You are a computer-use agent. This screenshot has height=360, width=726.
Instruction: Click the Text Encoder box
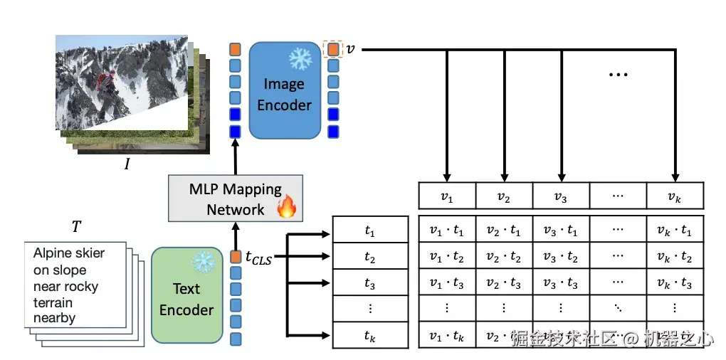[x=186, y=295]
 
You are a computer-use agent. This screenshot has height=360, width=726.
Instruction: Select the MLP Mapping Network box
[x=235, y=198]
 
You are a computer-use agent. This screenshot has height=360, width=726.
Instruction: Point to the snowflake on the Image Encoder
[x=300, y=60]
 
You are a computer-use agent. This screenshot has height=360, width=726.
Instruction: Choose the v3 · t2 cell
[x=561, y=257]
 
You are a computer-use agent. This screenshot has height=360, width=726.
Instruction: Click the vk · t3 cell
[x=675, y=283]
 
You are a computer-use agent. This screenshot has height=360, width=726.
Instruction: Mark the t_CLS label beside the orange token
[x=258, y=258]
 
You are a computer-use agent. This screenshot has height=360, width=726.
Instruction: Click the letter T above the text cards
[x=76, y=227]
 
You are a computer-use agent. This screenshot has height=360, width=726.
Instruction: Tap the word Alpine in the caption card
[x=52, y=253]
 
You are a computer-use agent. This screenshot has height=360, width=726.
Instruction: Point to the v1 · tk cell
[x=446, y=334]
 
